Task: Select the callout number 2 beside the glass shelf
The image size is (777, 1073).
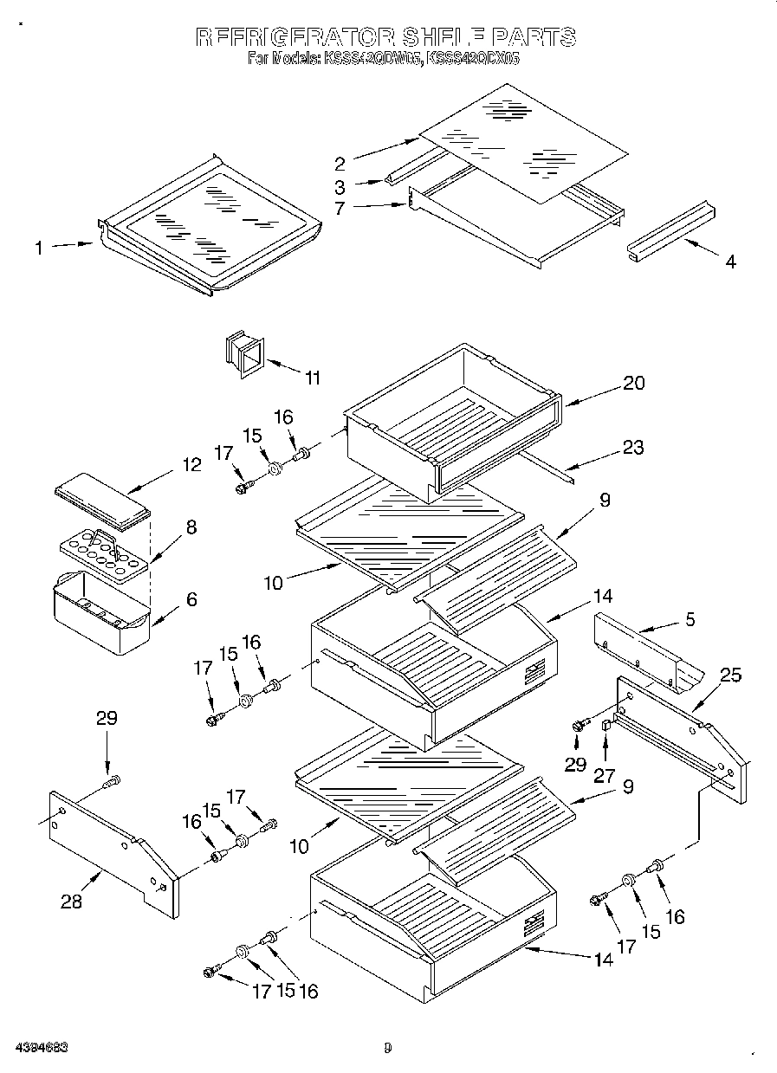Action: [340, 163]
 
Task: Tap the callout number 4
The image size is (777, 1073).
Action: [730, 262]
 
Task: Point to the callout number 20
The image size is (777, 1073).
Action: [633, 383]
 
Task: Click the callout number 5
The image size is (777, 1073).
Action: [690, 619]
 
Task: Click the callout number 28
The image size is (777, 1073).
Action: [71, 902]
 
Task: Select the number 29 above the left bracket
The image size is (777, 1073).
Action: [106, 718]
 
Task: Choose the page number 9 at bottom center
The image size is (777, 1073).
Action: [388, 1048]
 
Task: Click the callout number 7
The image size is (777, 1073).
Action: [340, 207]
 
